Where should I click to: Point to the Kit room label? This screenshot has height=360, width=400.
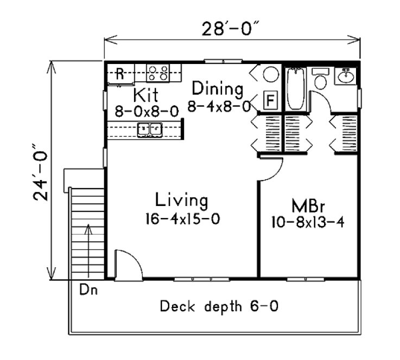pyautogui.click(x=145, y=95)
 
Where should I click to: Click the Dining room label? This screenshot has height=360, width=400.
pyautogui.click(x=217, y=88)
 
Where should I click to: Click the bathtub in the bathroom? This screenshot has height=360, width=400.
pyautogui.click(x=296, y=88)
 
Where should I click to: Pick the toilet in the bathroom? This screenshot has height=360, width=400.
pyautogui.click(x=321, y=79)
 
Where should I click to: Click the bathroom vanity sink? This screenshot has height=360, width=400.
pyautogui.click(x=345, y=76)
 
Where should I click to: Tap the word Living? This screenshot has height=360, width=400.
pyautogui.click(x=181, y=201)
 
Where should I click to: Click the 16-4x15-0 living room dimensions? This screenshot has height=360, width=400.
pyautogui.click(x=181, y=220)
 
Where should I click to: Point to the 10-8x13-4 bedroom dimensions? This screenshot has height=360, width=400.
pyautogui.click(x=308, y=222)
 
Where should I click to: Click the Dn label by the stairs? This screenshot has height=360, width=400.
pyautogui.click(x=86, y=290)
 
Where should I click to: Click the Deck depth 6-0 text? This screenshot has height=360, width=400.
pyautogui.click(x=219, y=307)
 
